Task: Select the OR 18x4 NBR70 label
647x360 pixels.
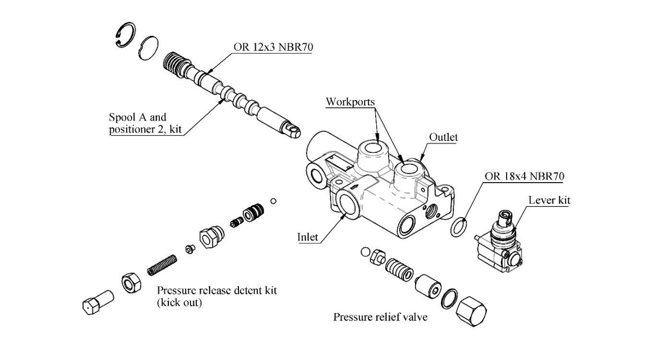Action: pyautogui.click(x=524, y=177)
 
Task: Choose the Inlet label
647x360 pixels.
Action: pyautogui.click(x=308, y=237)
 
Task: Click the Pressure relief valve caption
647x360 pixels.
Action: pyautogui.click(x=380, y=317)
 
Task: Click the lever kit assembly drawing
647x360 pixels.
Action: pyautogui.click(x=501, y=241)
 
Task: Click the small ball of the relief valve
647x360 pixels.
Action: pyautogui.click(x=365, y=252)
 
